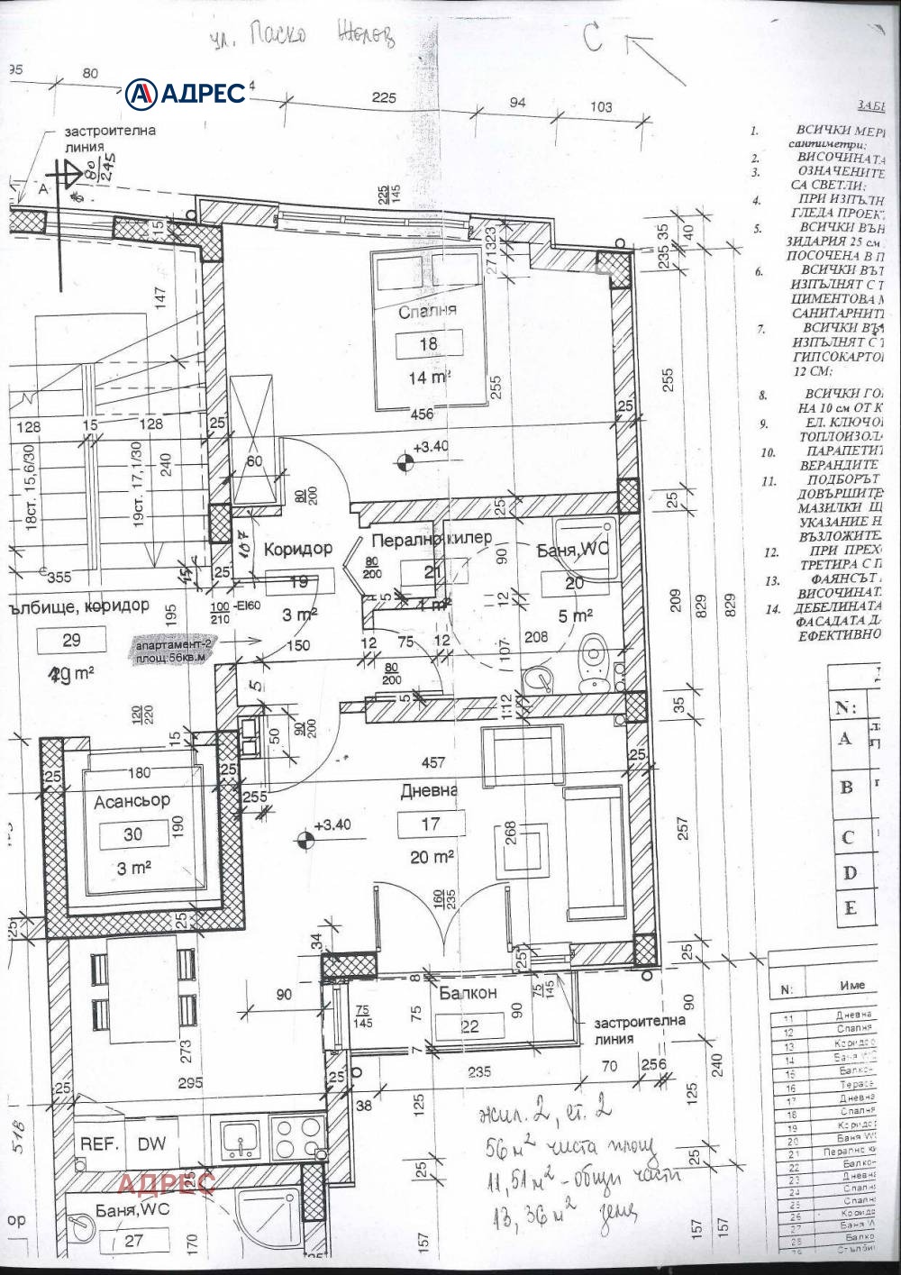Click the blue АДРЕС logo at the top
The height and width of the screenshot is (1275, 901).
pos(186,92)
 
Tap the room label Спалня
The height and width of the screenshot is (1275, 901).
pos(428,311)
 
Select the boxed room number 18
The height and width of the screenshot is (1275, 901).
pos(428,344)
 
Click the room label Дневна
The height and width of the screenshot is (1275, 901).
pos(429,790)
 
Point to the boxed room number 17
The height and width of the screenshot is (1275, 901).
pos(430,824)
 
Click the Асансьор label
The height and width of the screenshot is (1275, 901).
pos(132,800)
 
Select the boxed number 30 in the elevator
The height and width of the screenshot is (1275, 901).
pos(132,834)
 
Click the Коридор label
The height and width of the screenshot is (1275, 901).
pos(297,548)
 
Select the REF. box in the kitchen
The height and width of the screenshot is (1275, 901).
pos(99,1143)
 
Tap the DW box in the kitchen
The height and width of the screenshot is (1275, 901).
pos(151,1143)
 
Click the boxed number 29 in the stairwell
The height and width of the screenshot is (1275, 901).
pos(72,641)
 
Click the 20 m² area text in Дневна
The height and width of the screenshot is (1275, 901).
pos(430,857)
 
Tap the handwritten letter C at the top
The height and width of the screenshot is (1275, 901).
pos(592,39)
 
